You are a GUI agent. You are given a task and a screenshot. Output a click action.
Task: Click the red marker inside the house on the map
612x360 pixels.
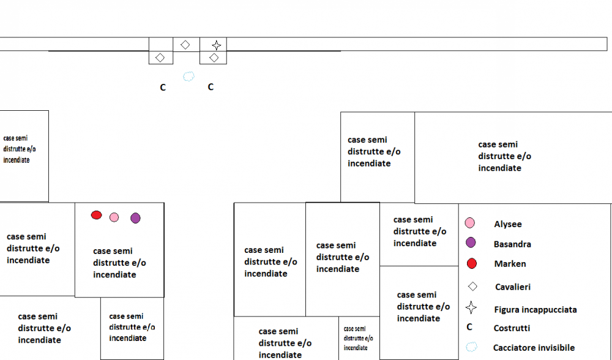[x=96, y=215]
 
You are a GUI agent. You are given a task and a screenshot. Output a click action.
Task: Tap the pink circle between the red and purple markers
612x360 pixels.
[x=114, y=217]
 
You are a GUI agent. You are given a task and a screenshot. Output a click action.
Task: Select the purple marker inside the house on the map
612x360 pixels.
[x=135, y=217]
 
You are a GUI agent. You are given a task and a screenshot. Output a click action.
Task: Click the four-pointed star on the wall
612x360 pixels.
[x=216, y=45]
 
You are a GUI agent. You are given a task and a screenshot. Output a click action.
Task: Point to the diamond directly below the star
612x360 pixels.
[x=214, y=58]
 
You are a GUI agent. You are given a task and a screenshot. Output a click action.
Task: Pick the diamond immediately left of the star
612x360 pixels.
[x=185, y=45]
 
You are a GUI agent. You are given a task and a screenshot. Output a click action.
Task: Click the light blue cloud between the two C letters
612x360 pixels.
[x=188, y=77]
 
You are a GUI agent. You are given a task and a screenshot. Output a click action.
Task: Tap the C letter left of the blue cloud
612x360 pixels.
[x=163, y=88]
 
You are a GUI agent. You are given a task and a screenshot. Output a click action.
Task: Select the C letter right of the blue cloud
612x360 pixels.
[x=211, y=87]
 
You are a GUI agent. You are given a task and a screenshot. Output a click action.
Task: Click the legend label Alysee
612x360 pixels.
[x=507, y=224]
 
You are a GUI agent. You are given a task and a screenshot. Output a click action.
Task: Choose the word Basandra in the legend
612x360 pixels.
[x=512, y=244]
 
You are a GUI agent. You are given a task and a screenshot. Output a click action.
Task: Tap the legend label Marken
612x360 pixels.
[x=510, y=264]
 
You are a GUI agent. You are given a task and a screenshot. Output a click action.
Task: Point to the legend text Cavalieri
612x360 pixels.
[x=512, y=287]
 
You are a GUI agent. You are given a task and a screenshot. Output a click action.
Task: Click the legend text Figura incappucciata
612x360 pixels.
[x=535, y=309]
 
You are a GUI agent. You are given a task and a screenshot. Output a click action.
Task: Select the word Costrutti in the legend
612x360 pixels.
[x=512, y=328]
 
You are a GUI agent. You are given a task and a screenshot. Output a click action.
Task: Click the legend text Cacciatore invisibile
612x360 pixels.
[x=534, y=348]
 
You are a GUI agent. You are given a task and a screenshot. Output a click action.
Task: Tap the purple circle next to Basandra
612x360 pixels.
[x=471, y=242]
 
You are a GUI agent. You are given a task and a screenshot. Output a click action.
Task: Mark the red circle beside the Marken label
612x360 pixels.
[x=471, y=264]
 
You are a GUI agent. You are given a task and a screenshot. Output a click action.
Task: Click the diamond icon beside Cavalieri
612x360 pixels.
[x=472, y=286]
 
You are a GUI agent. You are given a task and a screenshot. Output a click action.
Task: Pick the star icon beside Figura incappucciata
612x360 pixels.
[x=471, y=307]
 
